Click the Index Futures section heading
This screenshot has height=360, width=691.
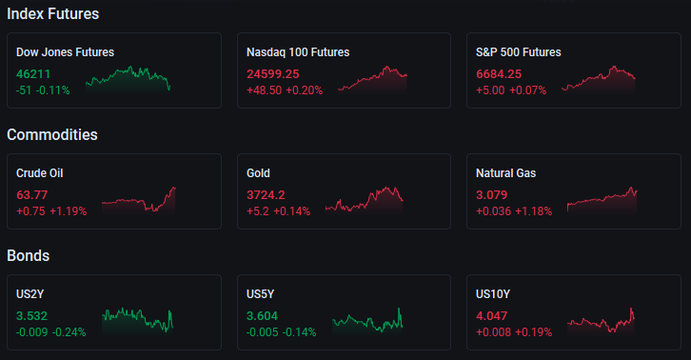53,13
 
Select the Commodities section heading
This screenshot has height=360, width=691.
52,134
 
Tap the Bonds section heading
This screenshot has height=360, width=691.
29,255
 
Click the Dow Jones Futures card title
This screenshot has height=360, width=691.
66,52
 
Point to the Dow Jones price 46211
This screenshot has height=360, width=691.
33,73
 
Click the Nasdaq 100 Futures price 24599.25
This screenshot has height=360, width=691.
273,73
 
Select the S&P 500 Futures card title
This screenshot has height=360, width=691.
518,52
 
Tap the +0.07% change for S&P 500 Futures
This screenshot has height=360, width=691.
528,90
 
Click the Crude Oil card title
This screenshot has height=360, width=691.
40,173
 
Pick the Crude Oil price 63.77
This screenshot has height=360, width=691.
31,194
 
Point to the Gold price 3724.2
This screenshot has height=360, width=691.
266,194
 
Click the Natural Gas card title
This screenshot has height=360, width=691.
506,173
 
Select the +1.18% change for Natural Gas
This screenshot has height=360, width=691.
533,211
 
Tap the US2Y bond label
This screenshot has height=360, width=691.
30,294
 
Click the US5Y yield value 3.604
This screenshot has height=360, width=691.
262,316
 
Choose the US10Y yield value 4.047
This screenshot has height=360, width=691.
492,316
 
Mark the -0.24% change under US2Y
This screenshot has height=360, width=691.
69,332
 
